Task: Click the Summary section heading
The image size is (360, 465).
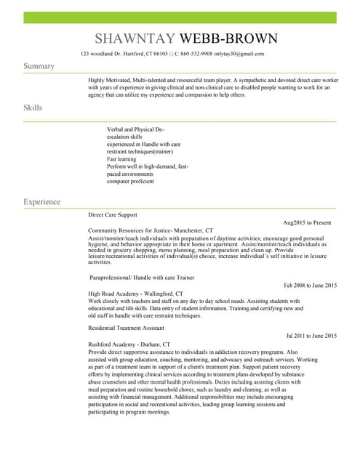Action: (x=39, y=66)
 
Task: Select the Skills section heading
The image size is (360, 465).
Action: (x=33, y=108)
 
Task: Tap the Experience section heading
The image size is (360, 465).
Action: (x=41, y=201)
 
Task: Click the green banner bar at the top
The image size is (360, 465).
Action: (x=180, y=17)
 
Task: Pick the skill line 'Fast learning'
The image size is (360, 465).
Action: (x=121, y=159)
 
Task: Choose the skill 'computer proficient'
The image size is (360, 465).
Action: (x=130, y=182)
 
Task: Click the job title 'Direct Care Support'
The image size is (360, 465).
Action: (x=113, y=215)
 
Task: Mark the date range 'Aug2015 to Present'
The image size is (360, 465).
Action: (x=307, y=222)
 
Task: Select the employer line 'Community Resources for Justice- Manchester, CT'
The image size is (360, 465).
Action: (x=151, y=230)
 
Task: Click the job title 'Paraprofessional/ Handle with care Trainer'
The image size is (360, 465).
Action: (x=142, y=278)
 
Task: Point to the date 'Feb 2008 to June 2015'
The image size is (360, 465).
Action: (x=311, y=286)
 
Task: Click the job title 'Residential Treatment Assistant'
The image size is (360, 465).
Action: (x=127, y=328)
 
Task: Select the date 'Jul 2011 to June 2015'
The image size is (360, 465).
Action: (x=311, y=336)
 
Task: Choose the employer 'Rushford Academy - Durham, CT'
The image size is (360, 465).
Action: (x=129, y=344)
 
